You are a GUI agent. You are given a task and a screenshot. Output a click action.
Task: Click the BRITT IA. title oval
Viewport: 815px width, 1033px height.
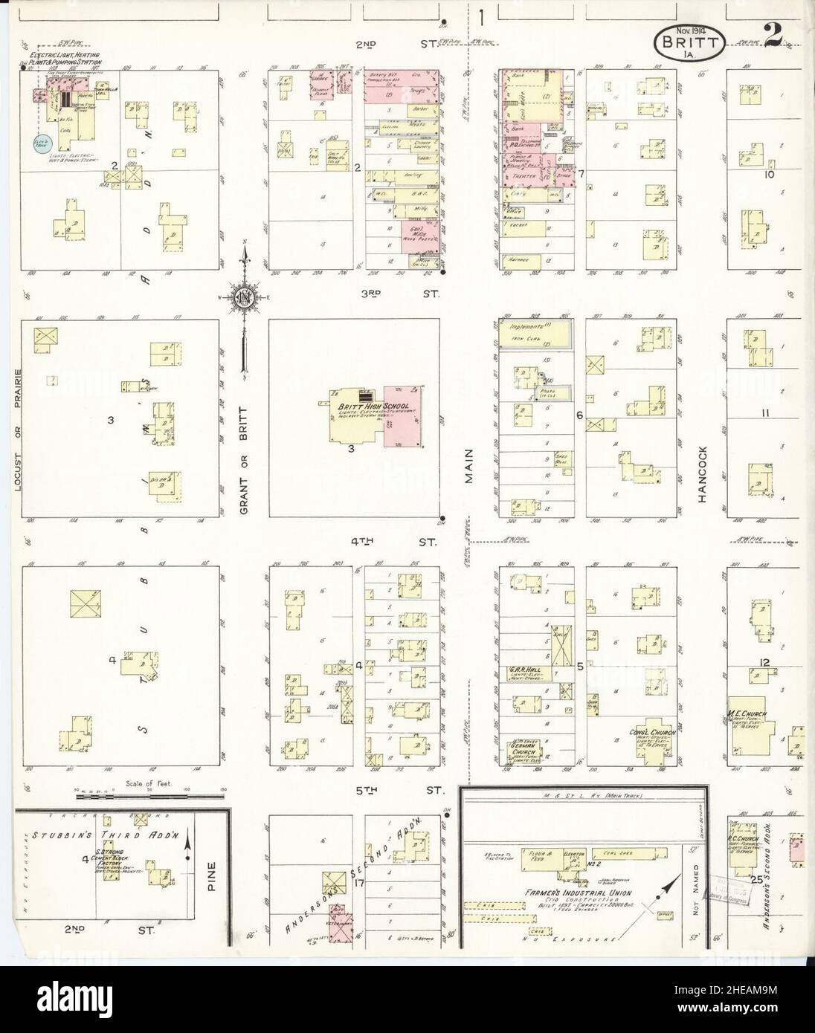[689, 42]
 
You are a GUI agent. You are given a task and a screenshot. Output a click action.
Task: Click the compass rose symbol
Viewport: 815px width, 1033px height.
[244, 297]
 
